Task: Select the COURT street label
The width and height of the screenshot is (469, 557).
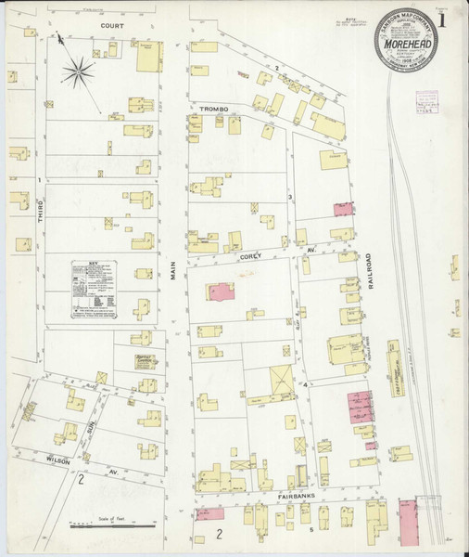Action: pos(112,27)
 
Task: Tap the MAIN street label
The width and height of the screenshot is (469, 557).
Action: pos(173,271)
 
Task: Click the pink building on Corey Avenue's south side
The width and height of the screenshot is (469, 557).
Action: pos(220,291)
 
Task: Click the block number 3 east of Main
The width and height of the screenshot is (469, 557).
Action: pos(290,197)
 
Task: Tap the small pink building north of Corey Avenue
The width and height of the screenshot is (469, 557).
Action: pos(343,209)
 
